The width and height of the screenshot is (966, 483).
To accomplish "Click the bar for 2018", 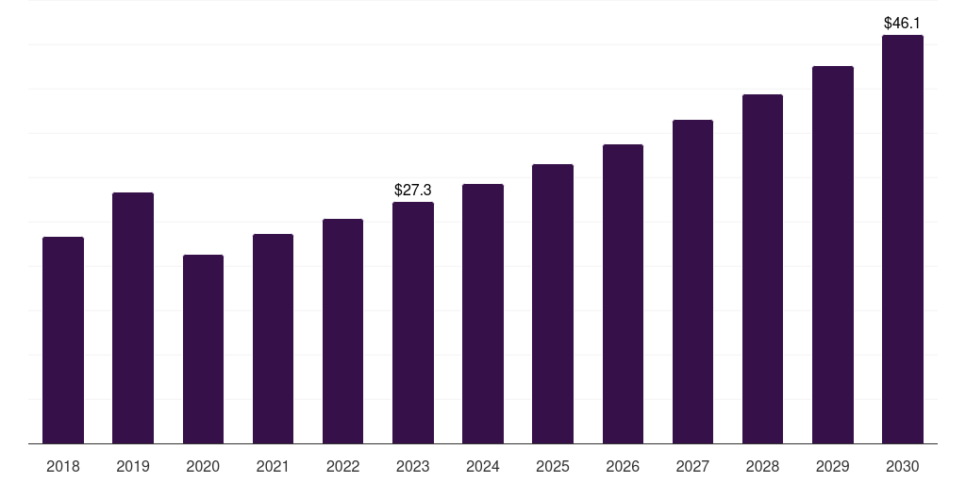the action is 63,340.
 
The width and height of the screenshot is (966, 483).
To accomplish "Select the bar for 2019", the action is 133,318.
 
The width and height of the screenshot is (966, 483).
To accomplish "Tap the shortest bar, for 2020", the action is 204,349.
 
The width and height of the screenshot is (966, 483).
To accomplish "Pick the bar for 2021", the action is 273,339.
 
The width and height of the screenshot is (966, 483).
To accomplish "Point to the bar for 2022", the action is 342,331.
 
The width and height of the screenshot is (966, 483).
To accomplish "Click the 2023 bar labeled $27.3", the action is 413,323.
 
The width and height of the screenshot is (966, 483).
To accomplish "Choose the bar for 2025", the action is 553,304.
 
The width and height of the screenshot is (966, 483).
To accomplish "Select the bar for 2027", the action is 692,281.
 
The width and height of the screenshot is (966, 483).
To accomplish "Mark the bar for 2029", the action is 833,255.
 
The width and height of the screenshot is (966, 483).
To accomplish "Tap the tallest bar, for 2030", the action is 903,239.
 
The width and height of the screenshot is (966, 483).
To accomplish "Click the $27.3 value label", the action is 413,190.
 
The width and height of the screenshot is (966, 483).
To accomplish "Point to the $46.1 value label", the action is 902,24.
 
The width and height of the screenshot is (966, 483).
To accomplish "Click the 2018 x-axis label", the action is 63,466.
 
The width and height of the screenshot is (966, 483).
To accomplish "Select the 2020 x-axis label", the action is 203,466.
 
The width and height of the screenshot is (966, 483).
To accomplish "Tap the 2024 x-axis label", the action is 482,466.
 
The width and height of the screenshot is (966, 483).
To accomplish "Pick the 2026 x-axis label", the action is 623,466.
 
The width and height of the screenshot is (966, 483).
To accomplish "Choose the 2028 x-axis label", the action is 762,466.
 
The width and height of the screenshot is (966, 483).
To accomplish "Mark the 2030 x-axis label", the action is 903,466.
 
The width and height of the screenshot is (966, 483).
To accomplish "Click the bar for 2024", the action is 483,313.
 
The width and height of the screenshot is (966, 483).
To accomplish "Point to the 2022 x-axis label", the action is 342,466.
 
